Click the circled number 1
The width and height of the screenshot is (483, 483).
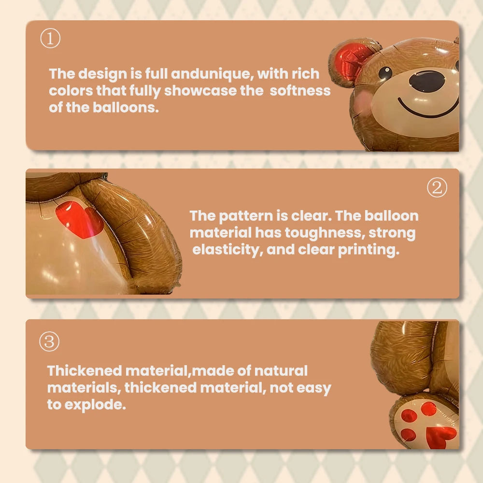coord(50,38)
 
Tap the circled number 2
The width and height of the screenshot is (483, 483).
coord(437,187)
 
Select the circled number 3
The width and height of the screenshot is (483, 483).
coord(49,341)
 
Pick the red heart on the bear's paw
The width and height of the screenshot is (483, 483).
coord(441,437)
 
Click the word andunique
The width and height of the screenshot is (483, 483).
coord(211,74)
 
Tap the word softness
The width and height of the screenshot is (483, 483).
coord(300,91)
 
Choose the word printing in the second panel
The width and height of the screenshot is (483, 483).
coord(369,250)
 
